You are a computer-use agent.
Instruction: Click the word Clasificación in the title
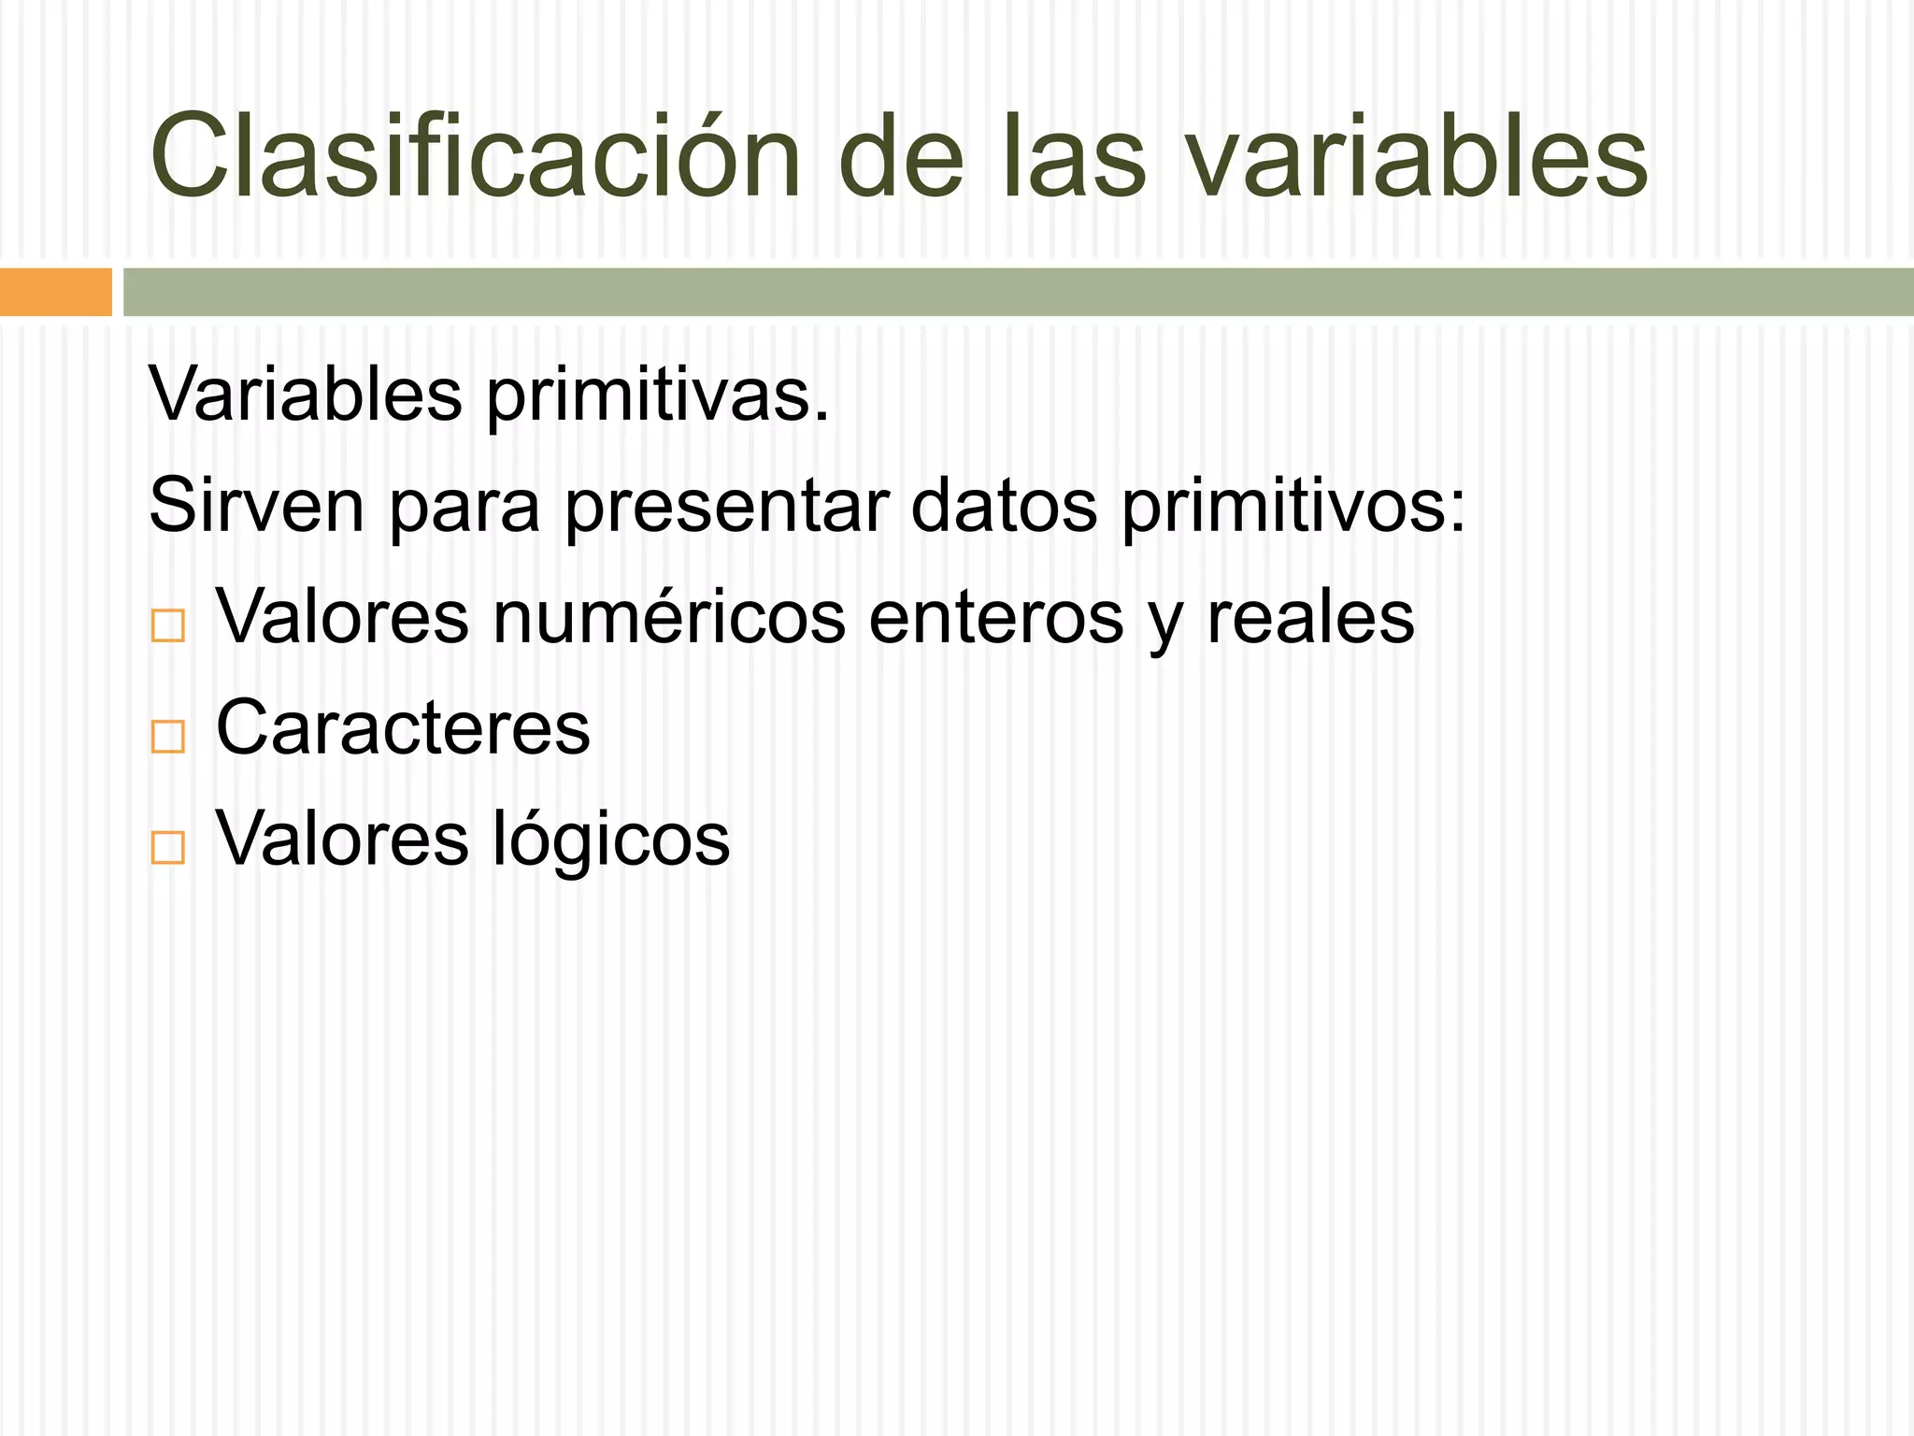(x=475, y=157)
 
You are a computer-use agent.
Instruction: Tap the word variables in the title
(x=1416, y=157)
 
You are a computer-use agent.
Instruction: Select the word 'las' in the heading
(x=1072, y=157)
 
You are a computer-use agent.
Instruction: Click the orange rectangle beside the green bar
(x=55, y=292)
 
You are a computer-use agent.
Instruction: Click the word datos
(x=1004, y=506)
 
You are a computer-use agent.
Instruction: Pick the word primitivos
(x=1293, y=506)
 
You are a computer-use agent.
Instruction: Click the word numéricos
(x=668, y=617)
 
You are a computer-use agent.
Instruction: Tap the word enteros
(x=995, y=617)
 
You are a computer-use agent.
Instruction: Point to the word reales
(x=1310, y=617)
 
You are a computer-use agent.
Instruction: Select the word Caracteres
(x=403, y=727)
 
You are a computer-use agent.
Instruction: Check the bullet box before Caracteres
(x=168, y=737)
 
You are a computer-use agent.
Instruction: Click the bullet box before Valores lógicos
(x=168, y=847)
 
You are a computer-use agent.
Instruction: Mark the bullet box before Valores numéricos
(x=168, y=625)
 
